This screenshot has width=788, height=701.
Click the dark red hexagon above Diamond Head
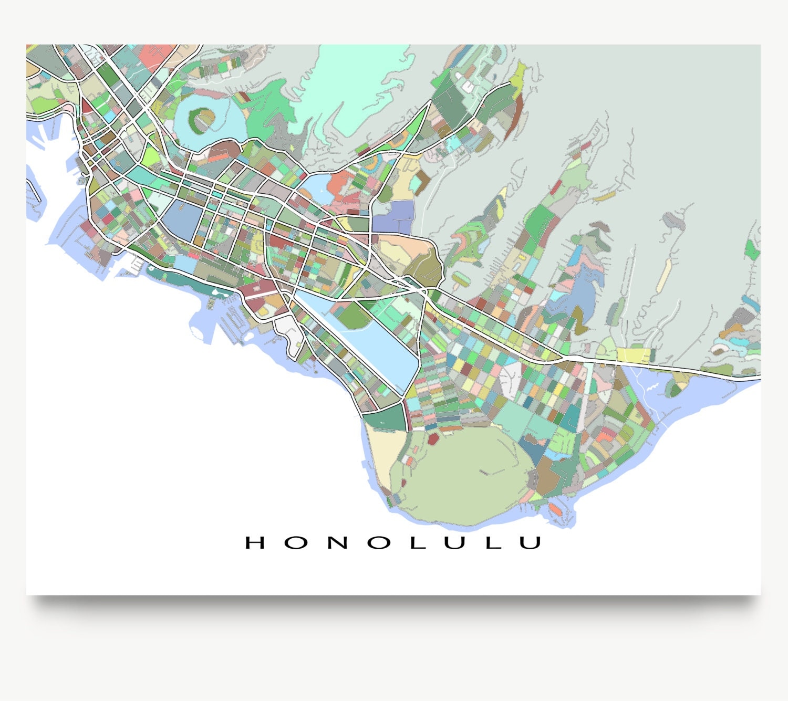tap(433, 438)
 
